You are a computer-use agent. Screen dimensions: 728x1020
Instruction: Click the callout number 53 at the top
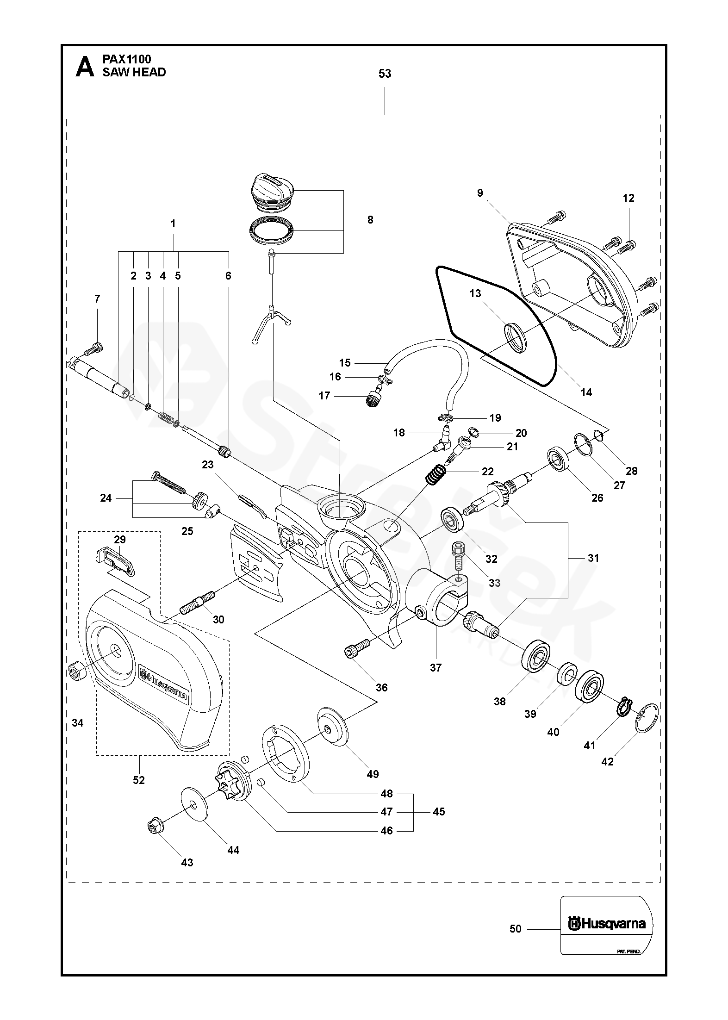385,74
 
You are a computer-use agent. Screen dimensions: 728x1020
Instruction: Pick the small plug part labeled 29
117,561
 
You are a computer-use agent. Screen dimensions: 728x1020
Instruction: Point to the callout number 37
436,667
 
